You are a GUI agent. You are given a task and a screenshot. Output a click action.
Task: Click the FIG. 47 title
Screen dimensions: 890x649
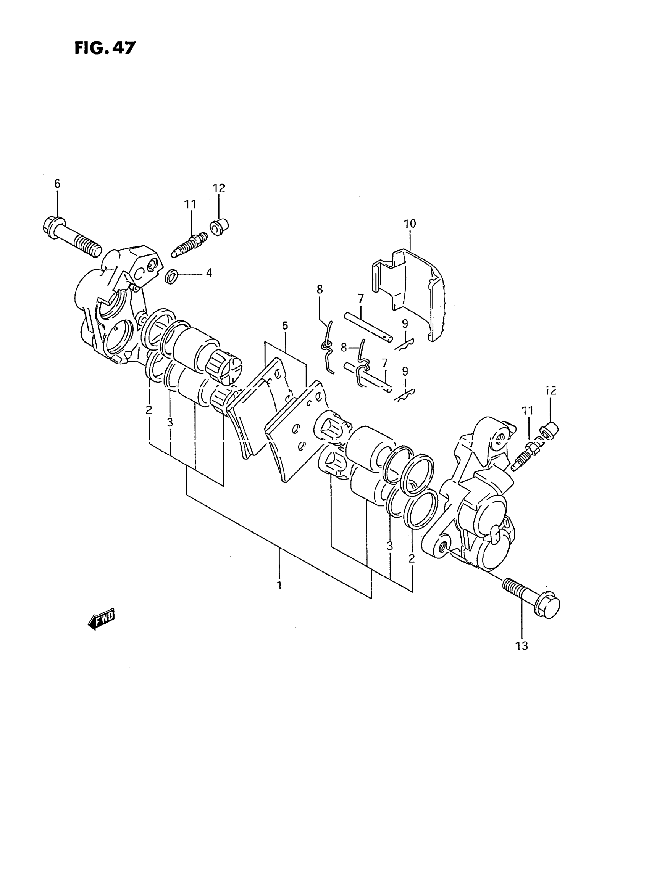[x=105, y=48]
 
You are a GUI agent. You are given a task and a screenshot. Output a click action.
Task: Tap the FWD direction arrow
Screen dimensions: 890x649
[x=101, y=620]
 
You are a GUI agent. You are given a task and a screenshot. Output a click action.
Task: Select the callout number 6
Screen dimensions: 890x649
[x=57, y=183]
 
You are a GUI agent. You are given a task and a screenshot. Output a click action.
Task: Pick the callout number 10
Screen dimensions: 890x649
[x=410, y=224]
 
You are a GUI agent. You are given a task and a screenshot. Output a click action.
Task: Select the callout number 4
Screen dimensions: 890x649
[x=209, y=273]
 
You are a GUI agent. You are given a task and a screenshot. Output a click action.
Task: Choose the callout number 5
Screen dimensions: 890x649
[x=285, y=325]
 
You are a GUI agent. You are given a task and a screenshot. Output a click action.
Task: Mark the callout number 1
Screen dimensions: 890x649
[x=279, y=596]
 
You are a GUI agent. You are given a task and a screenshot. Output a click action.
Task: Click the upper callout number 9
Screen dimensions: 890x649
[x=405, y=324]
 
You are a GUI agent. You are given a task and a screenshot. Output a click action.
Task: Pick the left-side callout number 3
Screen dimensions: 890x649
[x=170, y=422]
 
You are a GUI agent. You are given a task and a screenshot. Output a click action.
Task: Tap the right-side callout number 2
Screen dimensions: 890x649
[x=412, y=558]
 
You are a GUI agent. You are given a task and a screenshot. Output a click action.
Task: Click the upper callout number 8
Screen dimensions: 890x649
[x=320, y=290]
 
